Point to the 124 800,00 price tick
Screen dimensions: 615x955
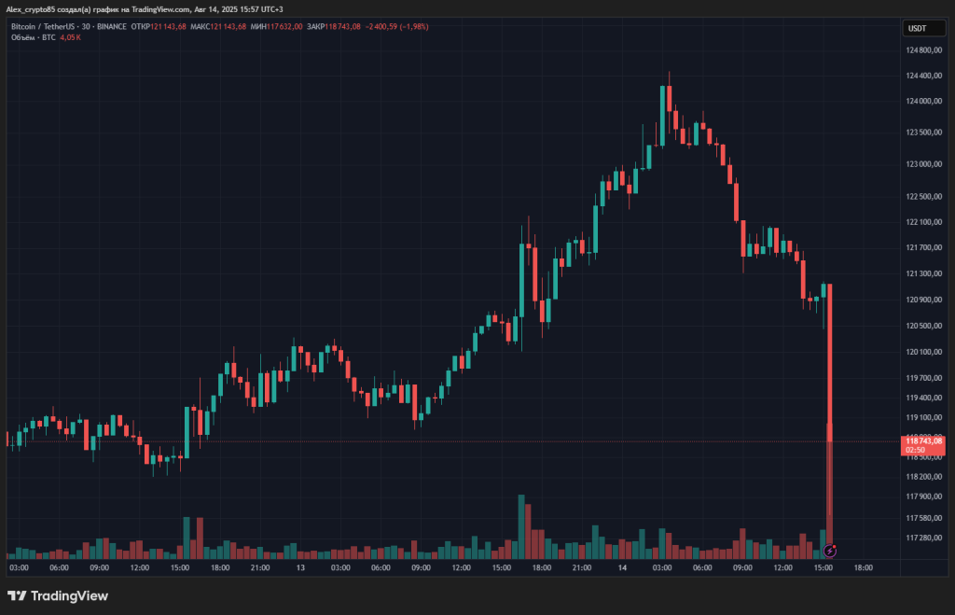(922, 50)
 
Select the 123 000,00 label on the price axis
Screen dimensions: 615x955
(922, 165)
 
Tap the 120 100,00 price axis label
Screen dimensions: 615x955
(922, 352)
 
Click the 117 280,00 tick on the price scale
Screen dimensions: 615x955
(922, 538)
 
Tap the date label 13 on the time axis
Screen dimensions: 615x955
(300, 567)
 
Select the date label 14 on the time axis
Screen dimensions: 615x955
(620, 567)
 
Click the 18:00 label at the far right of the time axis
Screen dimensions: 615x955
(864, 567)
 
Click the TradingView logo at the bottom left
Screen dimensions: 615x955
(58, 595)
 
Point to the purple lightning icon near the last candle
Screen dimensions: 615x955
(830, 551)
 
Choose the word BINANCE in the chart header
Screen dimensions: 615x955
(112, 26)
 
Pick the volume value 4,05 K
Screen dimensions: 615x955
(71, 37)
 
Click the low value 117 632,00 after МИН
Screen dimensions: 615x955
(283, 26)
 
